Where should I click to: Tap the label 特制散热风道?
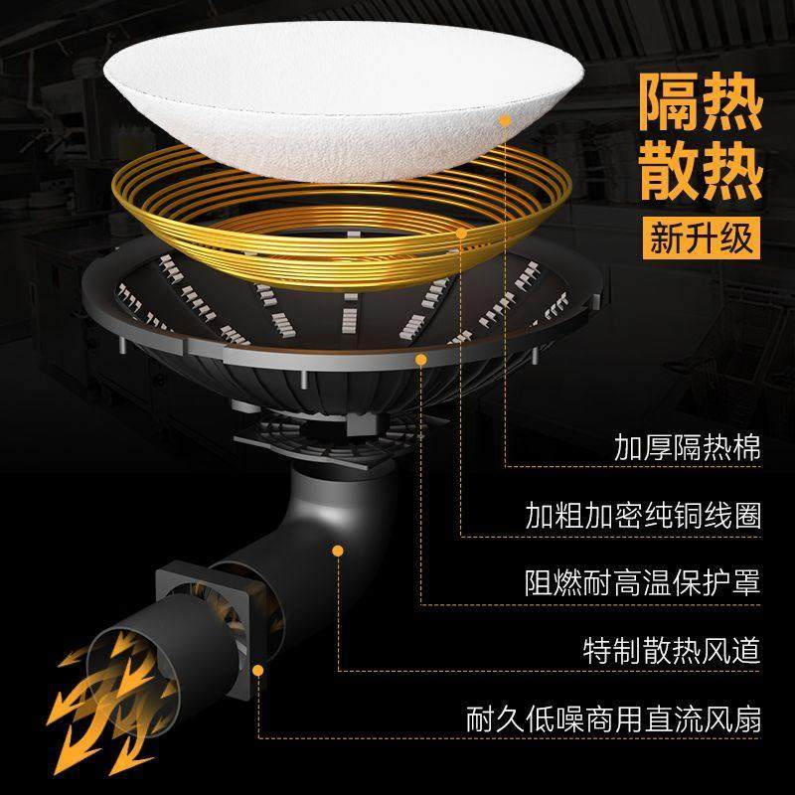coord(672,651)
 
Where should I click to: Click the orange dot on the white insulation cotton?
coord(505,121)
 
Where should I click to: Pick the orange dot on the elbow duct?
coord(338,549)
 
